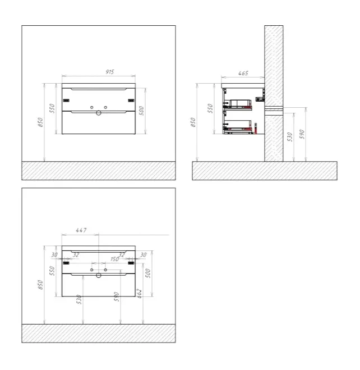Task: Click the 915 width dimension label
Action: click(110, 72)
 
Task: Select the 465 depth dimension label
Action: click(243, 73)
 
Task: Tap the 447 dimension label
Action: click(81, 230)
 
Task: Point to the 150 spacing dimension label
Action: click(115, 259)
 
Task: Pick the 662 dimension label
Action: click(140, 294)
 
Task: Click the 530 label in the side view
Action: click(290, 137)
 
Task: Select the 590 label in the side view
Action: click(302, 134)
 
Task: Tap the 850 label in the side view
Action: click(193, 122)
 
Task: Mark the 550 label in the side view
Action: click(210, 108)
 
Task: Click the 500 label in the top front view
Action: click(141, 111)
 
